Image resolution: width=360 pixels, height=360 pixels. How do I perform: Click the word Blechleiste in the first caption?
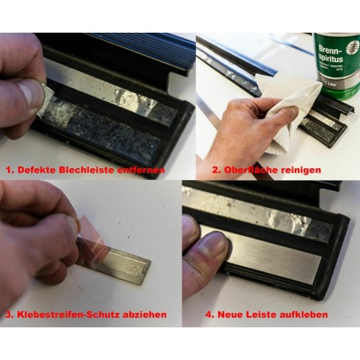click(90, 170)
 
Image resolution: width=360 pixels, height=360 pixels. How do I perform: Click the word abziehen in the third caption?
click(143, 314)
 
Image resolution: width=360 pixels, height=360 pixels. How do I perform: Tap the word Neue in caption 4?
click(231, 314)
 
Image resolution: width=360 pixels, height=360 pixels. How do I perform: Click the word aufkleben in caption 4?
click(303, 314)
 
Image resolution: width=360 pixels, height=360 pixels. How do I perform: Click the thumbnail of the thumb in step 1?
click(30, 94)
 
